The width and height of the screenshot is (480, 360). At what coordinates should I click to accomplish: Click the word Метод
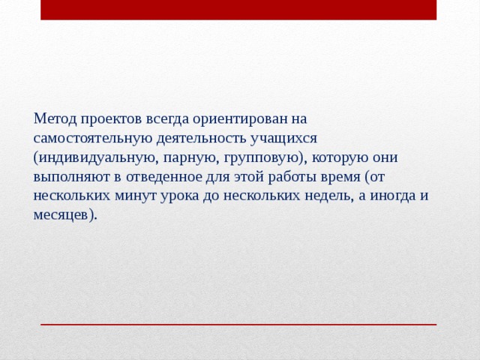55,119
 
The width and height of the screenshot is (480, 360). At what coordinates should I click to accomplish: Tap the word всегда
167,119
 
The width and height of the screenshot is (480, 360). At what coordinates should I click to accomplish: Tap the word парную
189,158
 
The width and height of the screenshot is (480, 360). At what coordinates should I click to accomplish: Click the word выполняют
68,177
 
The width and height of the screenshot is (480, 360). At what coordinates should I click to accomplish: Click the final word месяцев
64,214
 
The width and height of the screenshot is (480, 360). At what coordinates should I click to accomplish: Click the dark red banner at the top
238,10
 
